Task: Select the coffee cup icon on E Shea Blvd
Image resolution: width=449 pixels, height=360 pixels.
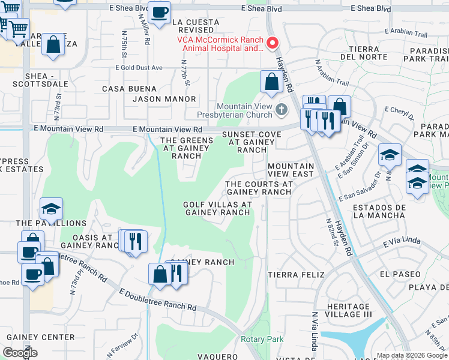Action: pos(160,13)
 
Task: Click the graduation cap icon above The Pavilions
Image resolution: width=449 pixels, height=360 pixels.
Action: pos(52,209)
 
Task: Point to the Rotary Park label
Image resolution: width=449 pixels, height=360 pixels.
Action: pos(262,340)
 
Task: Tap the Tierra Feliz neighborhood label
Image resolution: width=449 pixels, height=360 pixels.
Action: pos(291,274)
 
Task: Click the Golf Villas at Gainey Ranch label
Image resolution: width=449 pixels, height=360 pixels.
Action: pos(217,208)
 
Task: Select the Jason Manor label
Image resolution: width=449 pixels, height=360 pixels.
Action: pos(164,99)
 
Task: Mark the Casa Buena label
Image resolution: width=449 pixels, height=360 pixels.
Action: pos(121,89)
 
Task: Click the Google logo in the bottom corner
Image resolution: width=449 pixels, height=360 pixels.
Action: pos(20,353)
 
